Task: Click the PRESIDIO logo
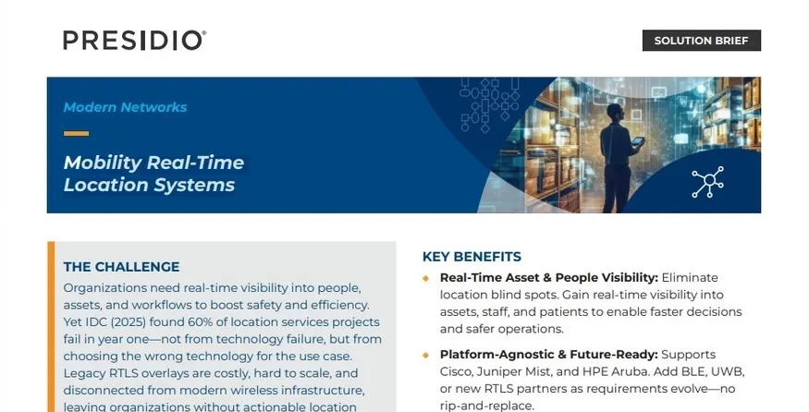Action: [135, 41]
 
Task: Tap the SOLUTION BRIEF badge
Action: [701, 41]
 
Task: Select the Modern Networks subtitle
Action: [125, 107]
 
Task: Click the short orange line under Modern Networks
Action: [77, 134]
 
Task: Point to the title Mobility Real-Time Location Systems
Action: [153, 174]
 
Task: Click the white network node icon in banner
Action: [708, 181]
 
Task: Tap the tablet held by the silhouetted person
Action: [638, 140]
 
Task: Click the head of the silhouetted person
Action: [615, 112]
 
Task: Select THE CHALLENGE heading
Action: [122, 267]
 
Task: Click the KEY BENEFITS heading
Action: [472, 257]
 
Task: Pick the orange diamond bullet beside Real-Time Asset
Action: [425, 278]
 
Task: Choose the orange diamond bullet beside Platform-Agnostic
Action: [425, 356]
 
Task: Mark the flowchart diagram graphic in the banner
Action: [489, 104]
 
